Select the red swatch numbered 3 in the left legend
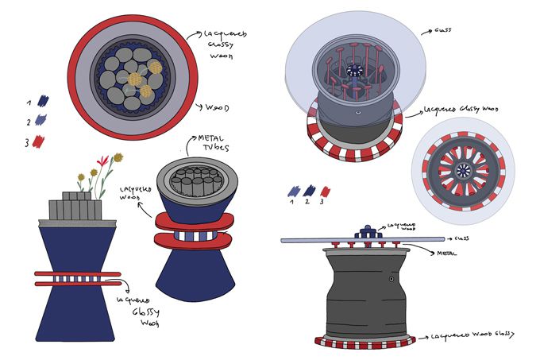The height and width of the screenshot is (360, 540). coord(39,141)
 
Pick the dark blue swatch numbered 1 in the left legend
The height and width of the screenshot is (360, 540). coord(42,101)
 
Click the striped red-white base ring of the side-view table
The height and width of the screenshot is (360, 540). coord(365,342)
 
